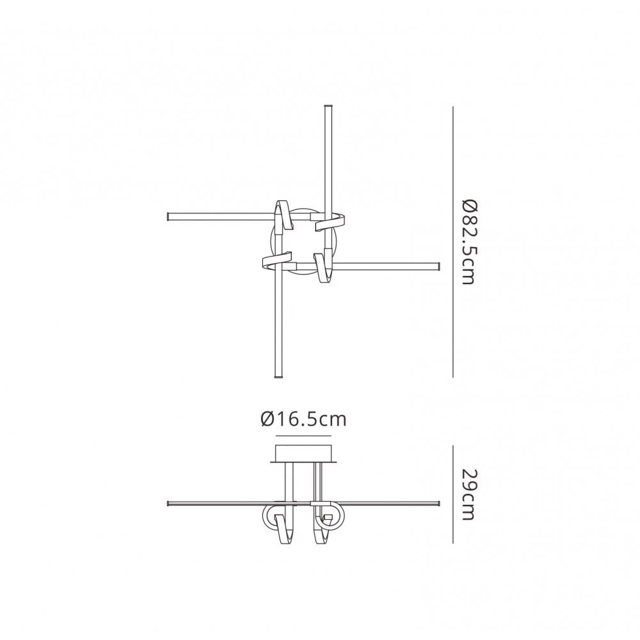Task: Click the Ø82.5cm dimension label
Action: tap(469, 242)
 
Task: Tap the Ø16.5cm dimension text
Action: tap(303, 420)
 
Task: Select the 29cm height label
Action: tap(469, 495)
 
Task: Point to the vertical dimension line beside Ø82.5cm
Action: tap(453, 242)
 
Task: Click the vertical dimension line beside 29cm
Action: tap(453, 494)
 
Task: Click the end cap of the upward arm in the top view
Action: tap(330, 106)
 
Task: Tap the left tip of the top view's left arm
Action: tap(168, 216)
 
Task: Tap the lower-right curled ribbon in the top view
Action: tap(323, 266)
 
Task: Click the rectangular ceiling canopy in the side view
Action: tap(303, 452)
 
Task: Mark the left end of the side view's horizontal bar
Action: tap(168, 501)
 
